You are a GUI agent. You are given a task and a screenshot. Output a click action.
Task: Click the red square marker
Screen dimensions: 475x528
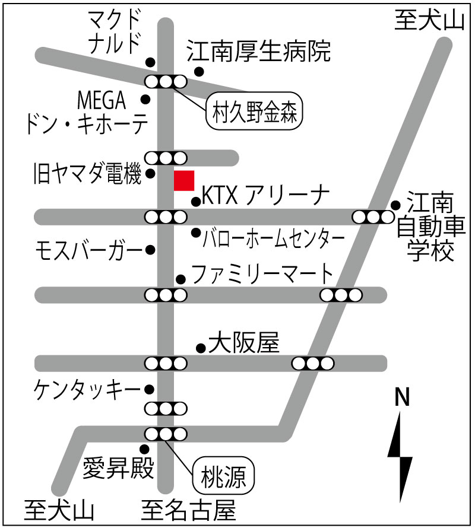pos(184,180)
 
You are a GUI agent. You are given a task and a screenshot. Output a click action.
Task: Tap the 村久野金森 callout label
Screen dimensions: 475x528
pos(254,111)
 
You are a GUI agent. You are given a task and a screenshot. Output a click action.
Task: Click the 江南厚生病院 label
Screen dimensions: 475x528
pos(258,52)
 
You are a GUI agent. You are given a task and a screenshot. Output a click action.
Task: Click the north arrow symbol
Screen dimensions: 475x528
pos(401,457)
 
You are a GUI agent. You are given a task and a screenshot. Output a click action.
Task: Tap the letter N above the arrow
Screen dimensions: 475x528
pos(401,397)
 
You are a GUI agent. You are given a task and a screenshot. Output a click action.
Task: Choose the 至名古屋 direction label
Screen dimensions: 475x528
pos(188,510)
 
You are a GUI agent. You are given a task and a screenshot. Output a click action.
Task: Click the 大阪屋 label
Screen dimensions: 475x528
pos(244,343)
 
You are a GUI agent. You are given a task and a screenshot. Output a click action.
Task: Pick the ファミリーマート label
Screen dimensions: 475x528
pos(262,273)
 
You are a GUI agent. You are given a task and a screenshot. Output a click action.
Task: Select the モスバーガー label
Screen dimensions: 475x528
pos(89,251)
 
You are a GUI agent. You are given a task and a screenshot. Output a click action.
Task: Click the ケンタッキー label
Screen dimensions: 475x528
pos(87,390)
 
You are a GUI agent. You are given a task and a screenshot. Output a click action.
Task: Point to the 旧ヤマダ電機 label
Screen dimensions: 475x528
pos(88,173)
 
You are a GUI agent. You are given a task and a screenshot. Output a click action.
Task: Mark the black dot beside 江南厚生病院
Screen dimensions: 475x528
pos(199,71)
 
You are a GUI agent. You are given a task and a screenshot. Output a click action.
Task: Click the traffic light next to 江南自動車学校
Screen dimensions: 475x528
pos(373,217)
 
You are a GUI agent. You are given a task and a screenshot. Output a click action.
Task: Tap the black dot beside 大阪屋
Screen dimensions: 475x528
pos(201,348)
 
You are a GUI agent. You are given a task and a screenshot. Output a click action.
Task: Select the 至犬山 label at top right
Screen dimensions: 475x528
pos(429,20)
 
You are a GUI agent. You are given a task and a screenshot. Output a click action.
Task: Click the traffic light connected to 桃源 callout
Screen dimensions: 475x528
pos(166,434)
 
